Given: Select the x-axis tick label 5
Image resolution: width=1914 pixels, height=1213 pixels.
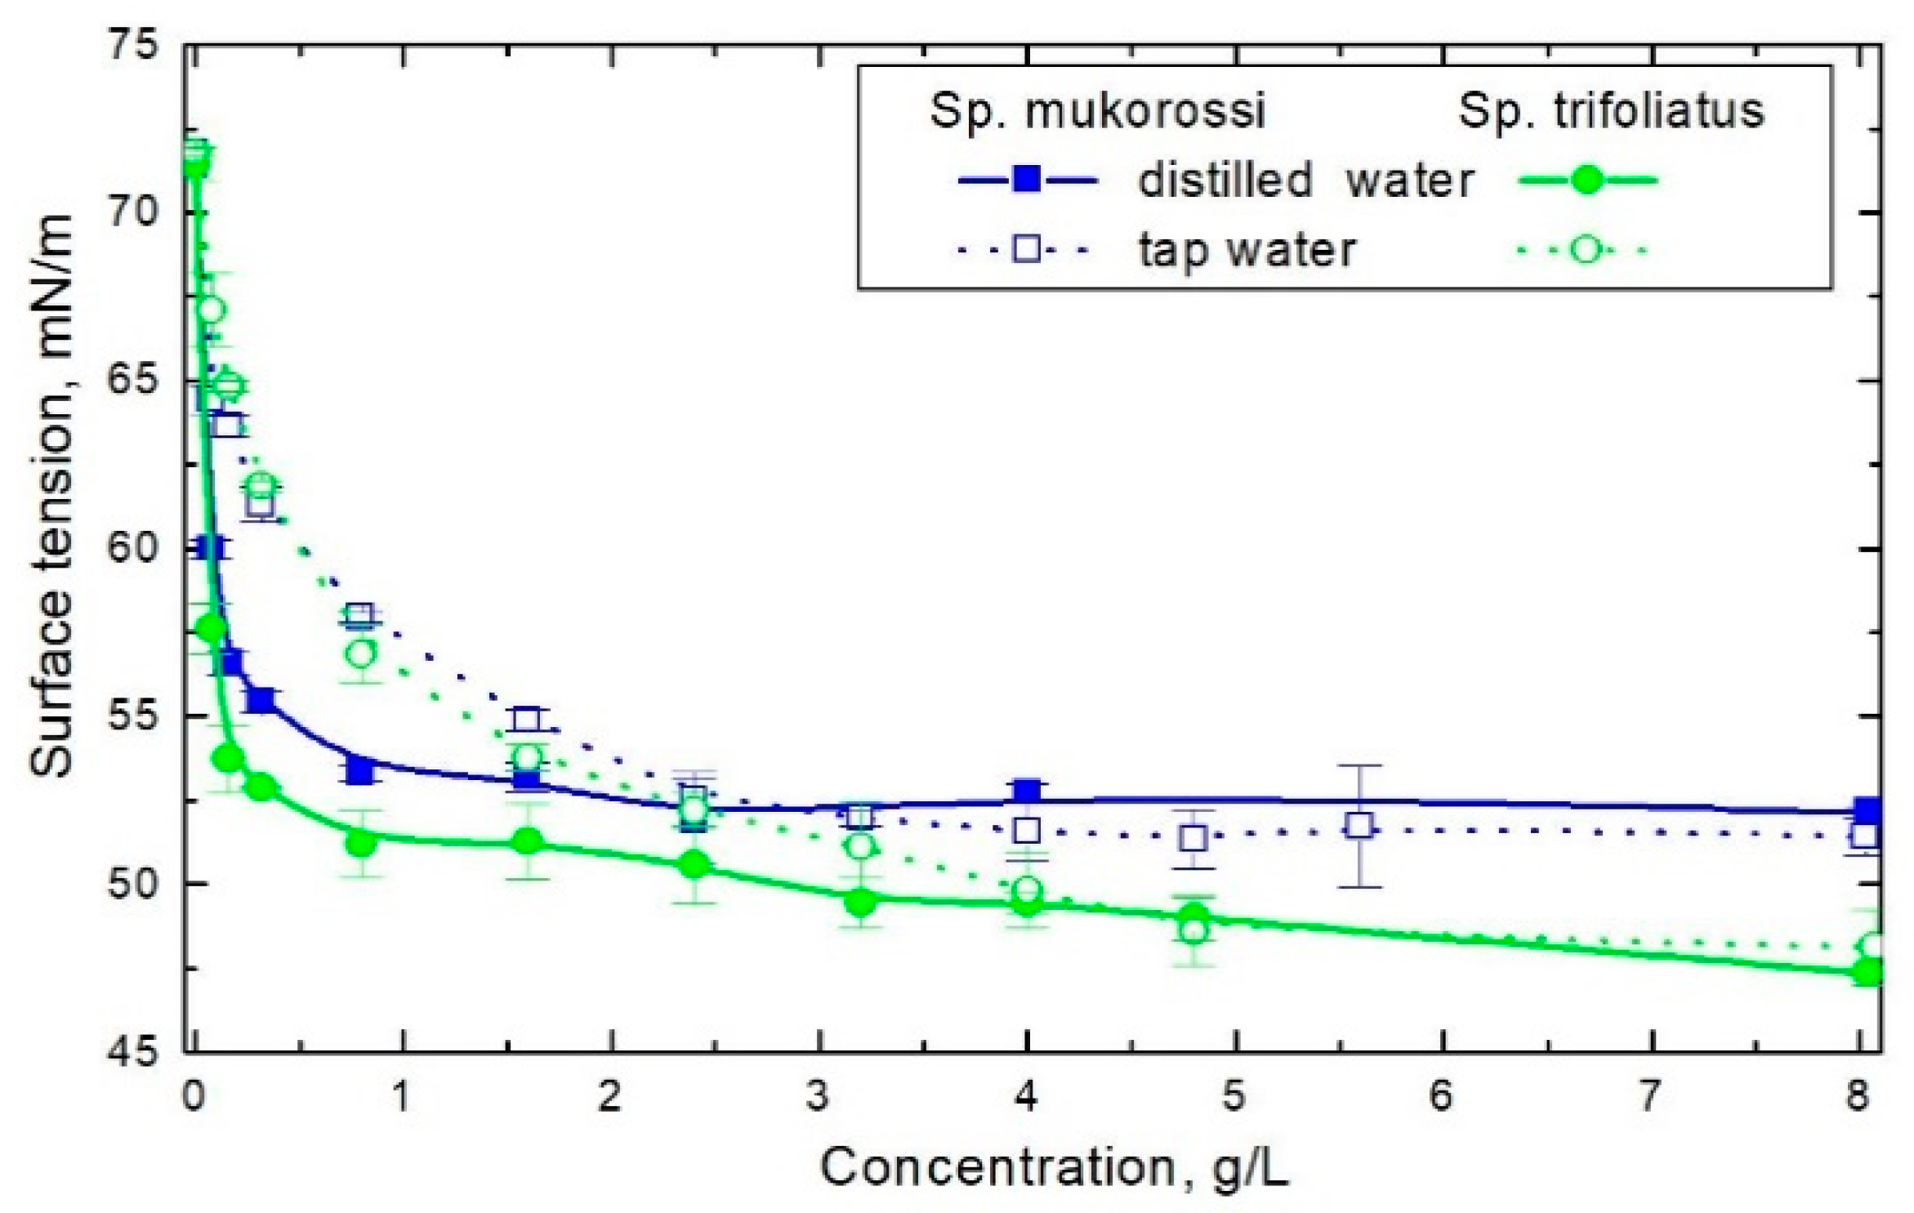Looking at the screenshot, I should click(x=1234, y=1096).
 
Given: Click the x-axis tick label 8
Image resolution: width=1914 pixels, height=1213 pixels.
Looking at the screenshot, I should click(x=1858, y=1096).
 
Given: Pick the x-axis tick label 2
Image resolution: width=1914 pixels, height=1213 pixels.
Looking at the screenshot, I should click(x=609, y=1096).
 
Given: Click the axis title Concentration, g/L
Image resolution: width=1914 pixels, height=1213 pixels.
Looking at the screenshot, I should click(x=1054, y=1168).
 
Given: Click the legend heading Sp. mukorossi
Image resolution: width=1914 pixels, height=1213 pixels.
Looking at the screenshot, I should click(x=1097, y=109).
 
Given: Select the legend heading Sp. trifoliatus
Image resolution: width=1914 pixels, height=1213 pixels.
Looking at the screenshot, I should click(x=1610, y=109).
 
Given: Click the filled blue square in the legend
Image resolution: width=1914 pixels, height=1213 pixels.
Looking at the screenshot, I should click(x=1026, y=179).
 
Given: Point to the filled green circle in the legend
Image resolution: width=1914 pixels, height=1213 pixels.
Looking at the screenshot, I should click(x=1586, y=180).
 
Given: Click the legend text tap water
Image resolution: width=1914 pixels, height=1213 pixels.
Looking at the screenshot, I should click(x=1247, y=249).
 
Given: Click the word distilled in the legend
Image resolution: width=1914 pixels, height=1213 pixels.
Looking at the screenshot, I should click(x=1225, y=179).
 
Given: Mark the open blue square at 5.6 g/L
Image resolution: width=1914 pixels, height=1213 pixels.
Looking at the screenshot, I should click(x=1359, y=826).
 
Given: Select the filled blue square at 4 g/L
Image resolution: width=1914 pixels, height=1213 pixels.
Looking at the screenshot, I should click(x=1027, y=791).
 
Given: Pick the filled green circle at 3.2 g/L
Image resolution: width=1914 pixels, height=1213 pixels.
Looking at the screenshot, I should click(x=859, y=903).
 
